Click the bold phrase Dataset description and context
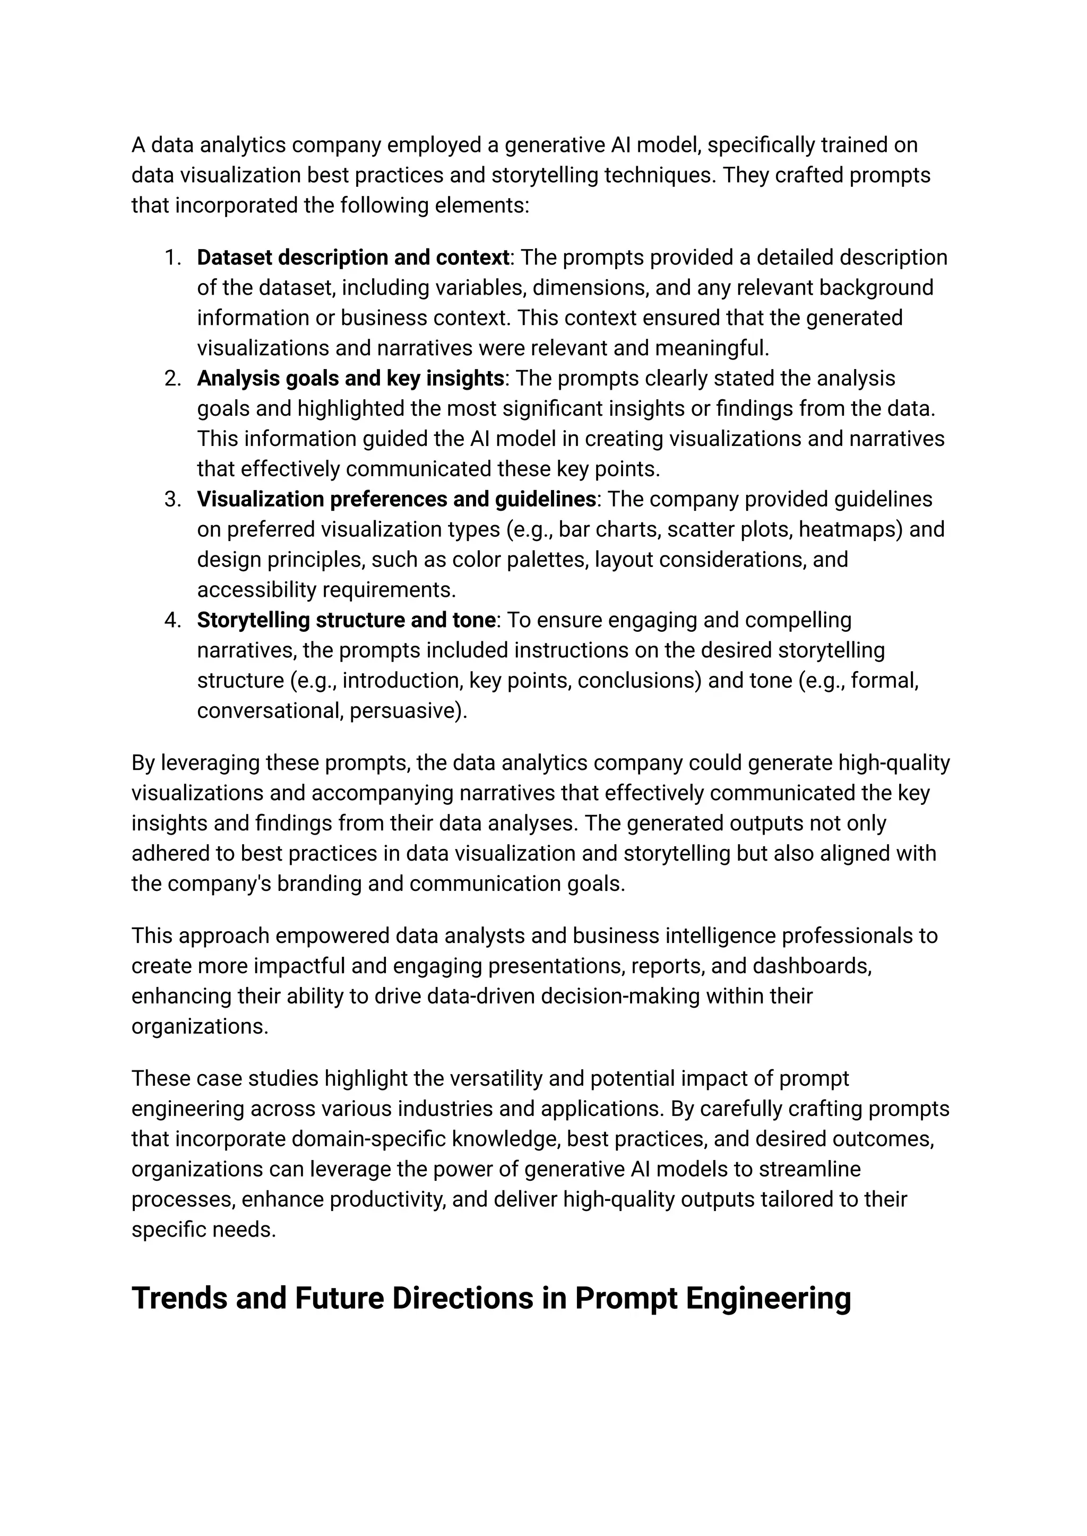click(x=353, y=258)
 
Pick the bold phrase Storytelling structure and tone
click(x=346, y=620)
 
